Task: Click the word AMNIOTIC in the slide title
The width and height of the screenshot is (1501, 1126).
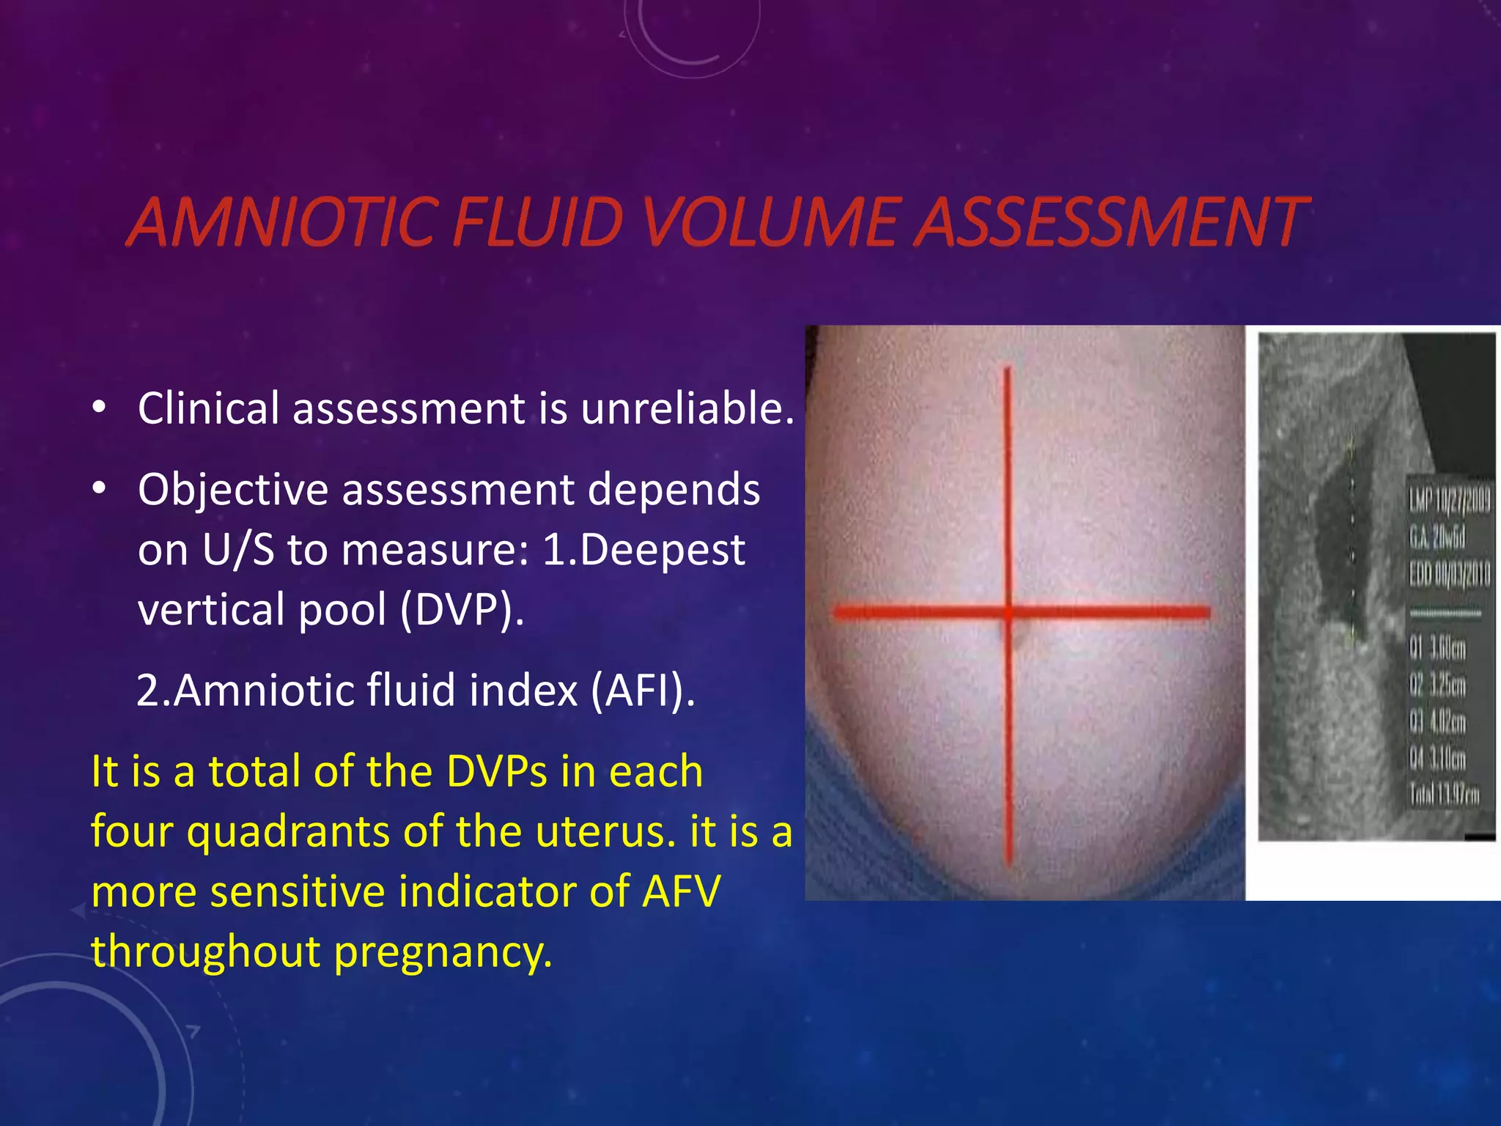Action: (282, 221)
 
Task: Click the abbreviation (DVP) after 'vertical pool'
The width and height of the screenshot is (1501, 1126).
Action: (462, 610)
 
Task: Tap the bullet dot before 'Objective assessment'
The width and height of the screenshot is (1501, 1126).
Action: (100, 487)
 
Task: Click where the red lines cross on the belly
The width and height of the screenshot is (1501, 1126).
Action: (1009, 612)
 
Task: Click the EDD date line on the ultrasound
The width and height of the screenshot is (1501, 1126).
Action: (1449, 574)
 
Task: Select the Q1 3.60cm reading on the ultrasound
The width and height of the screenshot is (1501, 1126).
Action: (1437, 648)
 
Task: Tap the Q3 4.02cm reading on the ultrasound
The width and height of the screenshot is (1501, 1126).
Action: (1437, 722)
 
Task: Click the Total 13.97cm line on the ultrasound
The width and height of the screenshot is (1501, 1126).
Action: (1444, 795)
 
